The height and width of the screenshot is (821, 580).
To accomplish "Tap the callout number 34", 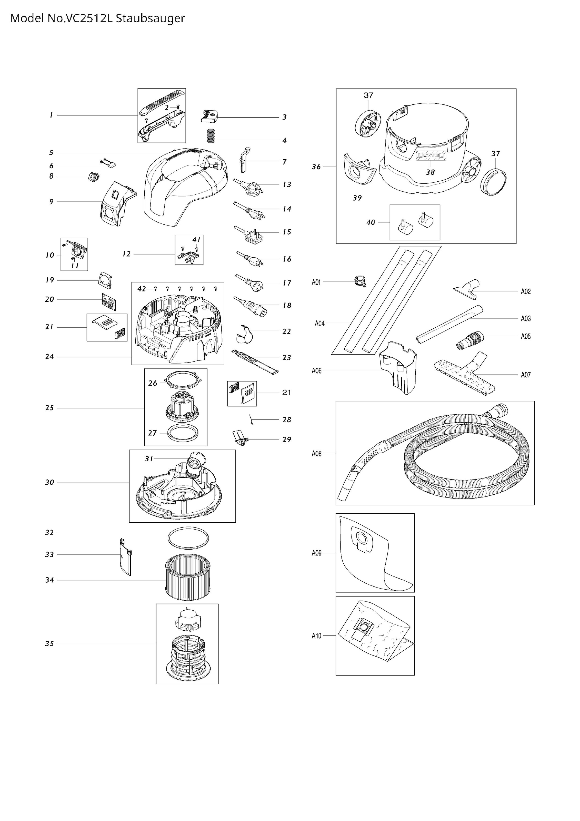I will [x=49, y=580].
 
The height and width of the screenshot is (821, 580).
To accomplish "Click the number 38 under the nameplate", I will [x=430, y=172].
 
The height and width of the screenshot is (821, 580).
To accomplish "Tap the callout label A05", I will [x=525, y=336].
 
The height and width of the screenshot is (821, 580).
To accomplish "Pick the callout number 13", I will [x=287, y=184].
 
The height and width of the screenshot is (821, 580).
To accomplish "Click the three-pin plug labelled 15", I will [x=250, y=234].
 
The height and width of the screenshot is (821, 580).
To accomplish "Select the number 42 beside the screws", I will [x=142, y=289].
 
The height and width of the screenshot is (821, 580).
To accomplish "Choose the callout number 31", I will [x=149, y=459].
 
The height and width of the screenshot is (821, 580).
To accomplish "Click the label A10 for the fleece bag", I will [x=317, y=636].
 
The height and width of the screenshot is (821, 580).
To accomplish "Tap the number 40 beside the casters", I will [x=371, y=222].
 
